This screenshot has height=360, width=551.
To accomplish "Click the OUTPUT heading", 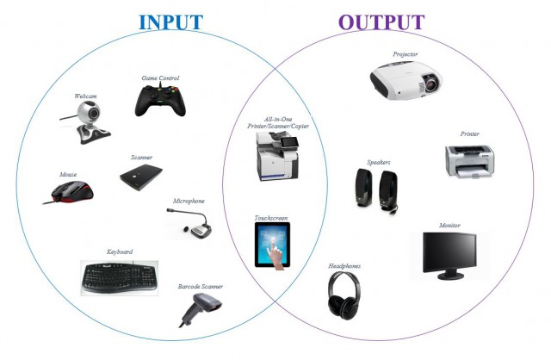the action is tap(381, 22).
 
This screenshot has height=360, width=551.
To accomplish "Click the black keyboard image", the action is tap(120, 276).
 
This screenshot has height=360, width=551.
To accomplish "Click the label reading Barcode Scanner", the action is tap(201, 285).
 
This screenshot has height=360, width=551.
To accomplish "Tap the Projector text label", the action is tap(405, 54).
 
